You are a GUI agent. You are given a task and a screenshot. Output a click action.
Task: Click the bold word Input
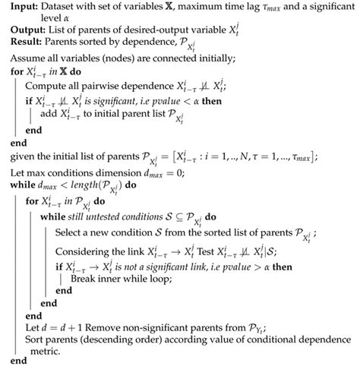tap(20, 8)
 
